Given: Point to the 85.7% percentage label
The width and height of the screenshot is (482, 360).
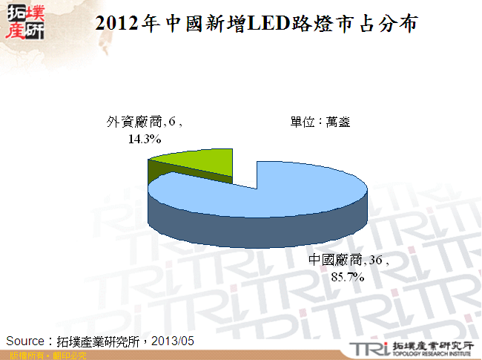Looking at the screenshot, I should coord(348,277).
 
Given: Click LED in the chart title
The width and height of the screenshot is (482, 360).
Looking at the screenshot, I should coord(250,24).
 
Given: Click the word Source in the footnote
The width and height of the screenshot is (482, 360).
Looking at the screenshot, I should coord(27,341).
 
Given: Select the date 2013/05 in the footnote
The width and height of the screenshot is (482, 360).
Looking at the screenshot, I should coord(173,341).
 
